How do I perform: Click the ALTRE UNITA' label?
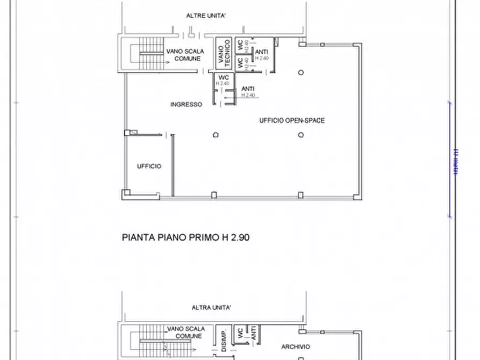pos(205,16)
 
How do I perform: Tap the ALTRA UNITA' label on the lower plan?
pos(211,308)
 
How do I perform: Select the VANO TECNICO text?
pos(224,53)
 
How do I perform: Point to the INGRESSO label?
pos(186,105)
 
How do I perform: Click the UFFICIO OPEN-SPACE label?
pos(292,121)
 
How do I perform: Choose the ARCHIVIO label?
pos(295,347)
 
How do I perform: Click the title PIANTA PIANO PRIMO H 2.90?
pos(186,236)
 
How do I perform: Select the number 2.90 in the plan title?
pos(239,236)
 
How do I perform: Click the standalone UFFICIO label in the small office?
pos(149,167)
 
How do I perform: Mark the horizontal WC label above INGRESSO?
pos(223,78)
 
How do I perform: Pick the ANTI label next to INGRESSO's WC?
pos(248,89)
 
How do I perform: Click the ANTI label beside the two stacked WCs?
pos(262,52)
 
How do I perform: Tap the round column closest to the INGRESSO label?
pos(216,135)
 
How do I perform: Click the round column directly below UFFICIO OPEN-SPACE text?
pos(301,135)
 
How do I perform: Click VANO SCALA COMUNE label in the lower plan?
pos(184,332)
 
